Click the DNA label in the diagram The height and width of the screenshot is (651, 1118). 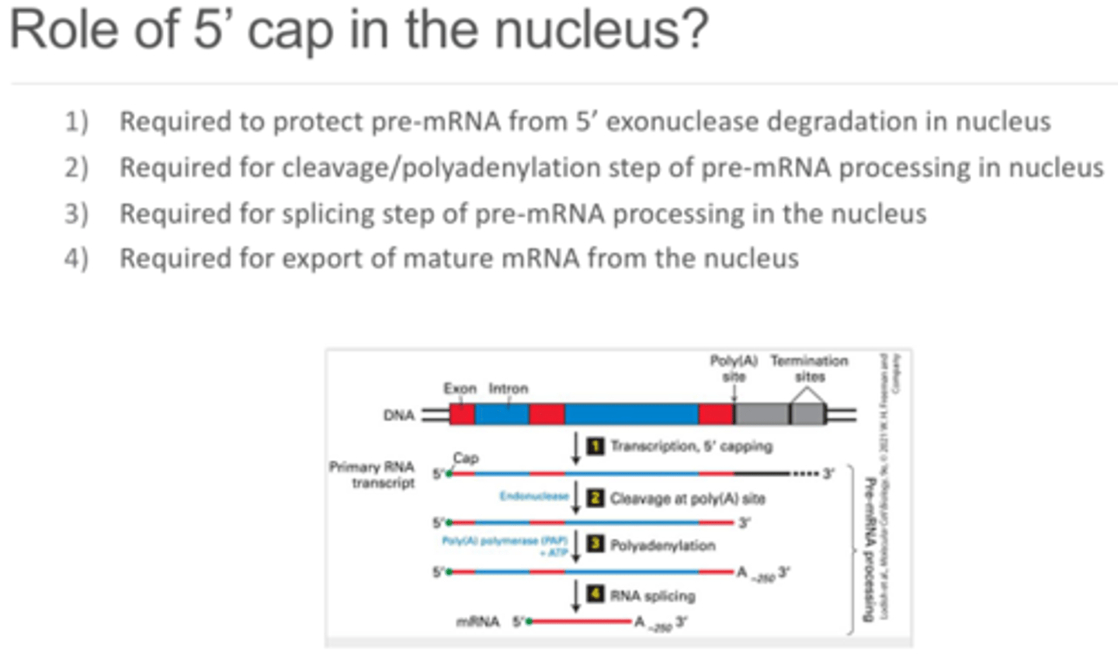399,415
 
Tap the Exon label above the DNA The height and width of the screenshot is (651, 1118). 460,388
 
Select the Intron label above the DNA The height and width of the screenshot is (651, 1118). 509,388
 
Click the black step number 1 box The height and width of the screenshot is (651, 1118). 595,446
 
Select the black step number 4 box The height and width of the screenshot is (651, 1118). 595,596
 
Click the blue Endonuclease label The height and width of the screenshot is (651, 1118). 536,497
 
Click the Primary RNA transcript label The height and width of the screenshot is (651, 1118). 372,475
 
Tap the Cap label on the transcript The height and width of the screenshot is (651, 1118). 465,458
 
